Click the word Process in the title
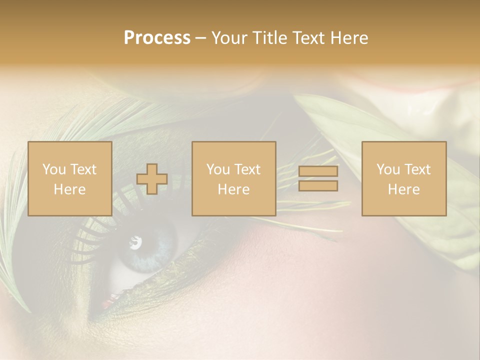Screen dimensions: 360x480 [157, 38]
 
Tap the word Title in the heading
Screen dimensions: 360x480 [269, 38]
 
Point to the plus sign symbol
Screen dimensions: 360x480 [152, 179]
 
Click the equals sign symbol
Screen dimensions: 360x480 [318, 179]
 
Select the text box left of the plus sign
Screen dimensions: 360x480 [70, 179]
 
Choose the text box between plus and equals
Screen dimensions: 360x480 [234, 179]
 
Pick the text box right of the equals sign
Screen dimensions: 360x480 [404, 179]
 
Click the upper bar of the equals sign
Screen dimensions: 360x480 [318, 171]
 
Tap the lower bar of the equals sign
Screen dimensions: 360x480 [318, 186]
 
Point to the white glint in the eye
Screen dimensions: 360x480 [135, 243]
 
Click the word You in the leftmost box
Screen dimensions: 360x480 [53, 169]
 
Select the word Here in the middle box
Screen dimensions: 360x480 [234, 189]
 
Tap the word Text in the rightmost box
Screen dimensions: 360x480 [417, 169]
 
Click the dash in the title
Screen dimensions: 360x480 [201, 38]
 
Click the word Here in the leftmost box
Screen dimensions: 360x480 [70, 189]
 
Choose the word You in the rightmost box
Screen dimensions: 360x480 [388, 169]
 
